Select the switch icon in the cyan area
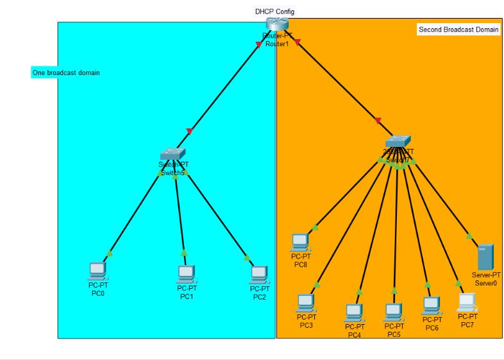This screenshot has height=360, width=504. pos(172,154)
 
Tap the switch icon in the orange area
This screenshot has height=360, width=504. pos(398,141)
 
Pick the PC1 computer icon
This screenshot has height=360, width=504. pos(186,274)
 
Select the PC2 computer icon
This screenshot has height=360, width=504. pos(258,275)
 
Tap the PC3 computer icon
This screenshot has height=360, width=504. pos(305,303)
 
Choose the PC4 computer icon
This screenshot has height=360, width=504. pos(353,313)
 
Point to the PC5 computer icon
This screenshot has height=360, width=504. pos(393,313)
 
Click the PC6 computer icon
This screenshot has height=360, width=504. pos(431,306)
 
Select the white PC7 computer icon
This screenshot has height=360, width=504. pos(467,302)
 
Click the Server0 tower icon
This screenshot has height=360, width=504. pos(485,257)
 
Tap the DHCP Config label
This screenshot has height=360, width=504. pos(275,12)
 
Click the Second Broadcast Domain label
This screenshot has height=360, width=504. pos(458,30)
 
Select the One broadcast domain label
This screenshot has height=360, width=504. pos(66,73)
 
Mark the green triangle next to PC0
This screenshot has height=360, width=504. pos(110,253)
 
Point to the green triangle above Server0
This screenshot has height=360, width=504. pos(469,236)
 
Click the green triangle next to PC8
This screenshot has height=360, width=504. pos(315,227)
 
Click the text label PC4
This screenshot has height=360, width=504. pos(355,334)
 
